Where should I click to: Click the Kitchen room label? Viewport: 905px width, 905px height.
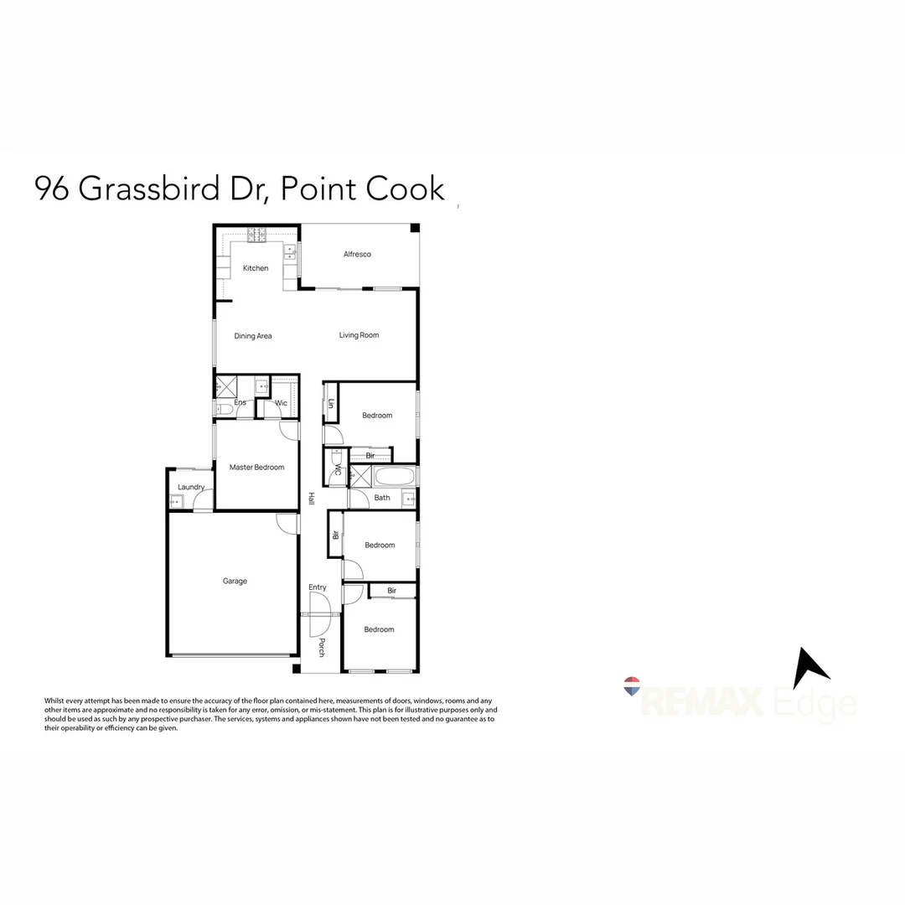[256, 268]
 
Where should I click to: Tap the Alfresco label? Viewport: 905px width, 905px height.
[357, 254]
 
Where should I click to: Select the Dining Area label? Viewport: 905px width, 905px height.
[253, 336]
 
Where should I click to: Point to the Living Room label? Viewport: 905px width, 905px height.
[359, 335]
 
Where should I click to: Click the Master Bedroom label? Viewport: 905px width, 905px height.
[256, 468]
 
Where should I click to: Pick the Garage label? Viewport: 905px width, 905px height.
[235, 581]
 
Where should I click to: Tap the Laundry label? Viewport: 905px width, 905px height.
[191, 487]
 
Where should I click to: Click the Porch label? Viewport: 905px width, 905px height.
[321, 647]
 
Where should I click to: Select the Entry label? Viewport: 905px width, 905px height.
[318, 587]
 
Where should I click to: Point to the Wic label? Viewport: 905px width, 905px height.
[282, 403]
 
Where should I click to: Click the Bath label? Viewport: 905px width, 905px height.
[382, 498]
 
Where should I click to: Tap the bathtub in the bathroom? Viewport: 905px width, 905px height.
[394, 478]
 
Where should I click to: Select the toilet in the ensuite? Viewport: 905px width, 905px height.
[223, 410]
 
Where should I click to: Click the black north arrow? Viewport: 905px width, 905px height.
[809, 668]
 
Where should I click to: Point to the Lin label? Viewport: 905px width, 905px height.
[331, 404]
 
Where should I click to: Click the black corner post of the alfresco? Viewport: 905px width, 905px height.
[414, 229]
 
